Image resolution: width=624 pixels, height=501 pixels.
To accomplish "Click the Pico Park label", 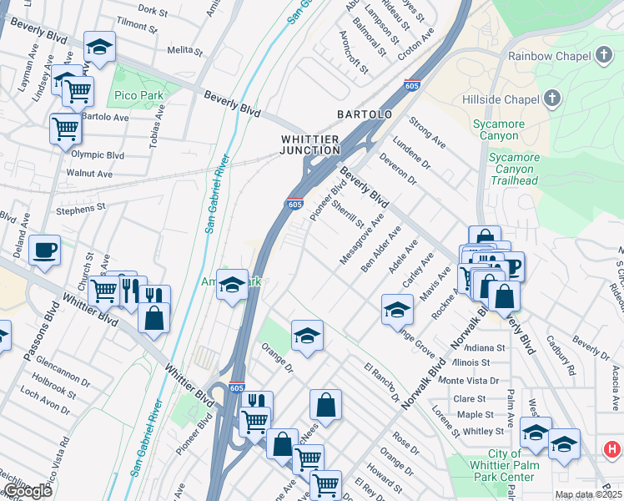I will [138, 96].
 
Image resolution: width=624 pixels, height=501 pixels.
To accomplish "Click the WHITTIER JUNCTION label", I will [310, 144].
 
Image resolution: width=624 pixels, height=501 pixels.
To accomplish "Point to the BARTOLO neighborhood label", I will [365, 114].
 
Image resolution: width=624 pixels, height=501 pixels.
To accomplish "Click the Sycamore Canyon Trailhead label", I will [513, 169].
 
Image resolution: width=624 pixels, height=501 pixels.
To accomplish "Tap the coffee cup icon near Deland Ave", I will [44, 248].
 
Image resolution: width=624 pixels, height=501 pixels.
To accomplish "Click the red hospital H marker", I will [612, 449].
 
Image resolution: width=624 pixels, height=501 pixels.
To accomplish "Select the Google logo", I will [27, 491].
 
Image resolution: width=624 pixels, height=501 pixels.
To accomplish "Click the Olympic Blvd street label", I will [98, 155].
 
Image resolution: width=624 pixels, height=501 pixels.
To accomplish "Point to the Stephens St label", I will [81, 205].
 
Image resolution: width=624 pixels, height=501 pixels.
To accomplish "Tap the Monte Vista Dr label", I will [469, 381].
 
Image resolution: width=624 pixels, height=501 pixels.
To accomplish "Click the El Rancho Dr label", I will [382, 381].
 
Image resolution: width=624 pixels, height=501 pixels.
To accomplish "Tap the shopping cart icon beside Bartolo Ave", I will [65, 128].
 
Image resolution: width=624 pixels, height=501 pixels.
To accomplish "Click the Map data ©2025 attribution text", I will [589, 494].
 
